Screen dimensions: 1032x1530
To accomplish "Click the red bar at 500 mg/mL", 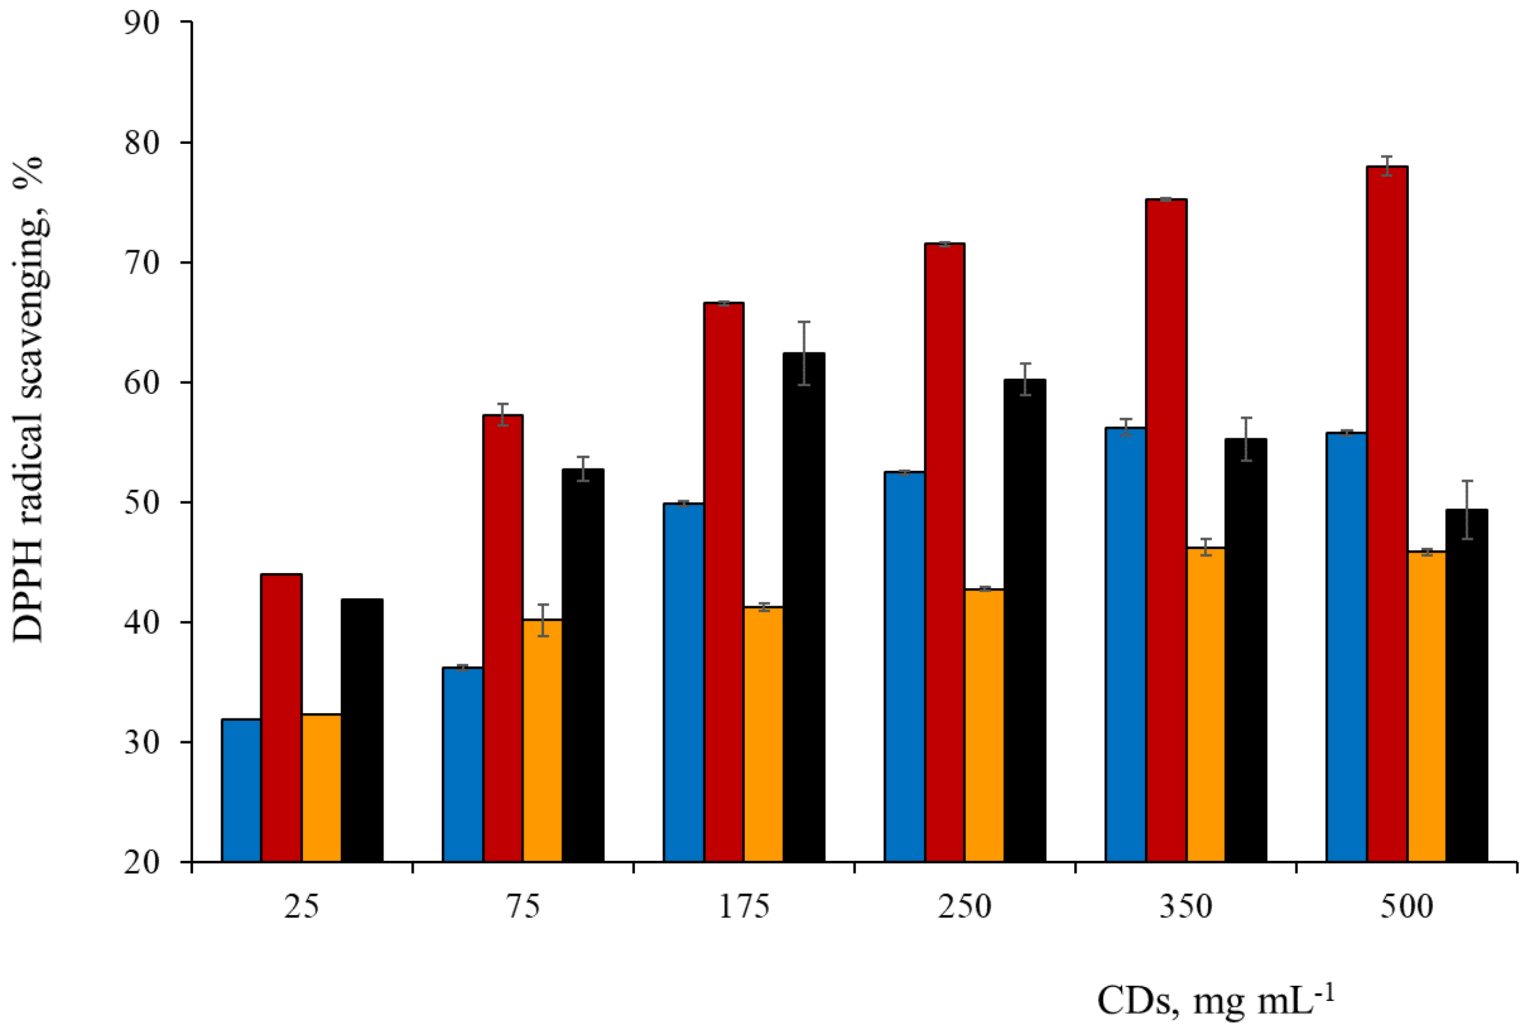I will pyautogui.click(x=1387, y=513).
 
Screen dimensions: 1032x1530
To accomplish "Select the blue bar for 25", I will pyautogui.click(x=242, y=790).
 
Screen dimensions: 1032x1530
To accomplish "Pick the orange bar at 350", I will pyautogui.click(x=1206, y=704).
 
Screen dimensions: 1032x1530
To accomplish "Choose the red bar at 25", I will pyautogui.click(x=282, y=718).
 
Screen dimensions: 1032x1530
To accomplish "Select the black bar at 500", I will pyautogui.click(x=1466, y=685).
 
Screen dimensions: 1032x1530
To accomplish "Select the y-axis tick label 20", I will pyautogui.click(x=142, y=862).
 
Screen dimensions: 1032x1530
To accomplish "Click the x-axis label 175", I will pyautogui.click(x=744, y=907).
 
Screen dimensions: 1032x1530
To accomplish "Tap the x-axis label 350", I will pyautogui.click(x=1185, y=907).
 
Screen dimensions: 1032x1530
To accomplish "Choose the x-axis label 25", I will pyautogui.click(x=302, y=907).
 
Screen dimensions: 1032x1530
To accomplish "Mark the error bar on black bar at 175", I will pyautogui.click(x=804, y=353).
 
